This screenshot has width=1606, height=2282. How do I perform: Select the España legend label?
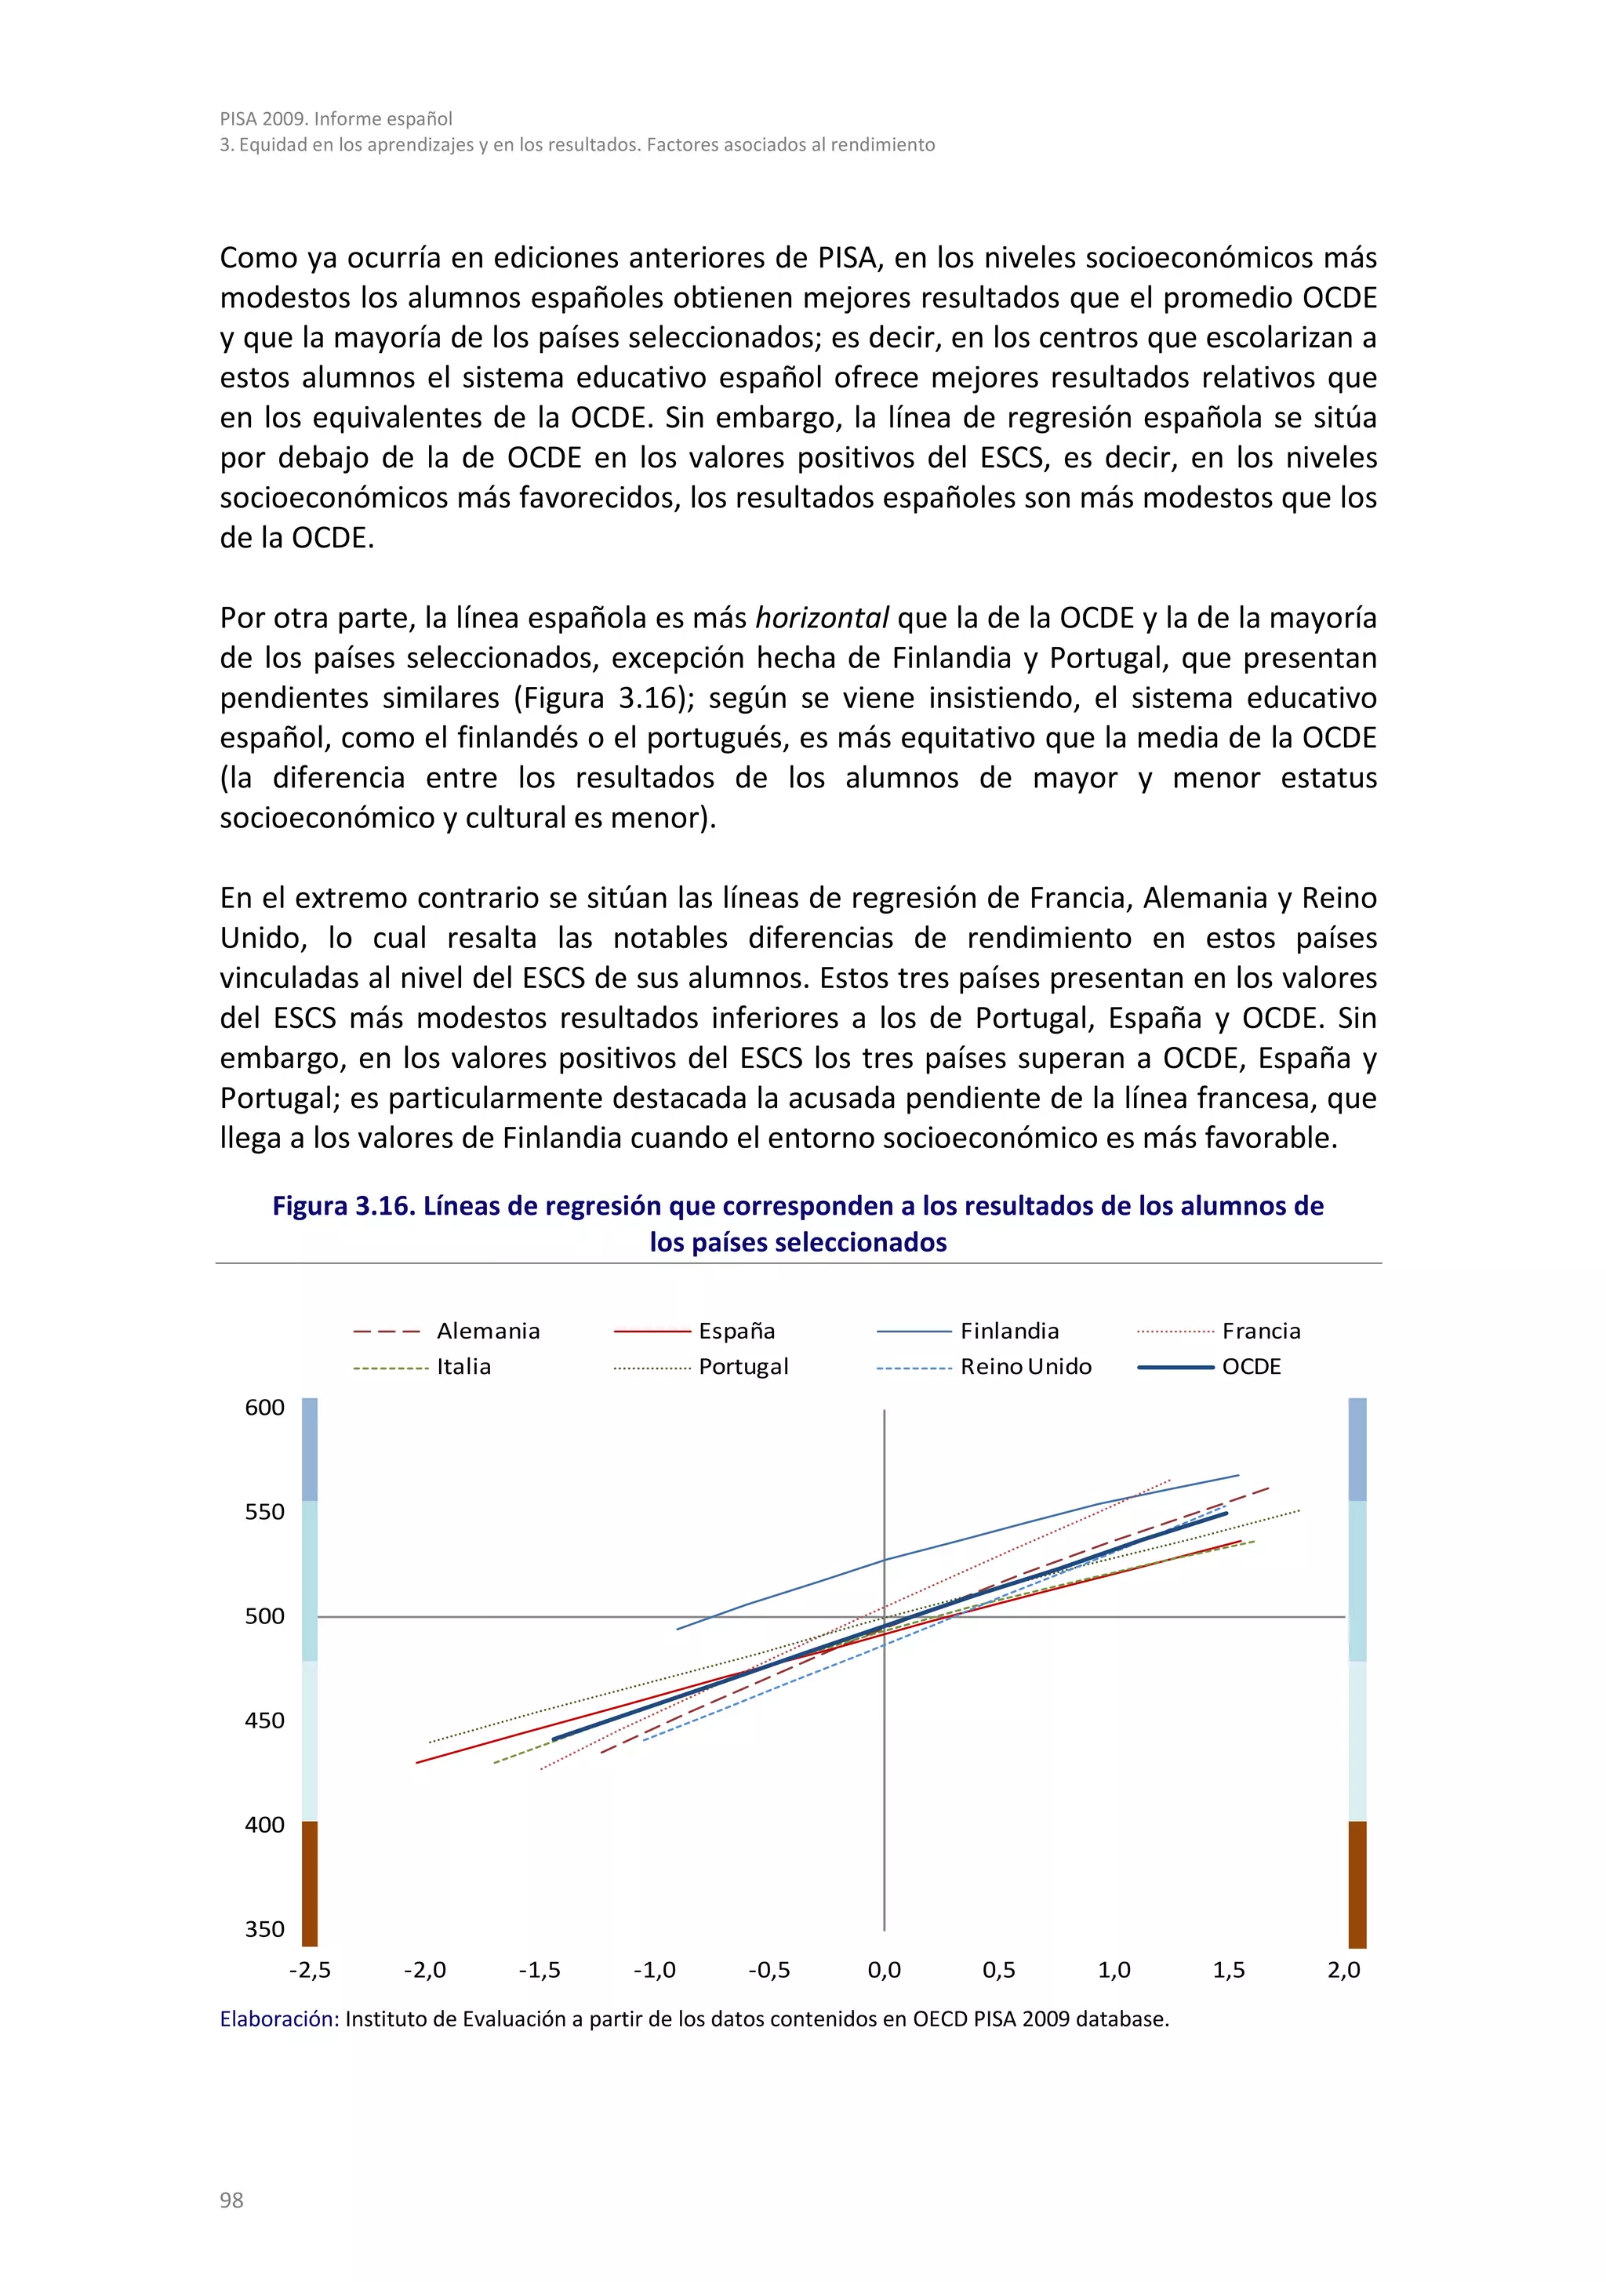click(736, 1331)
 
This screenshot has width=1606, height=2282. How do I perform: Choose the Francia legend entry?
click(1260, 1331)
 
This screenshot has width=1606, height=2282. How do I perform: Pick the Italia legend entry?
click(463, 1367)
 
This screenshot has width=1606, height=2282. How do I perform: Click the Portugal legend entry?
click(743, 1367)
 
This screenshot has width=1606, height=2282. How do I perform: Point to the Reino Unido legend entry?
click(1025, 1367)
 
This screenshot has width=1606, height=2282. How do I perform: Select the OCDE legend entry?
click(1250, 1367)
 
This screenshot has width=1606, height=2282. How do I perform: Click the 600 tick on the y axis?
click(264, 1408)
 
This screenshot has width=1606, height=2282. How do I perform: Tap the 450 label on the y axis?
click(264, 1721)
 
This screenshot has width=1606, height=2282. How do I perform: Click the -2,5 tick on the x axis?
click(309, 1970)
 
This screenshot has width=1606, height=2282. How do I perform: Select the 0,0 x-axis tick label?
click(884, 1970)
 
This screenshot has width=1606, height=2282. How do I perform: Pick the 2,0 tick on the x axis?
click(1343, 1970)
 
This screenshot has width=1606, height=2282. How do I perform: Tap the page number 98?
click(231, 2200)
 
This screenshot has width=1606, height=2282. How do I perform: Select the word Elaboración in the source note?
click(279, 2019)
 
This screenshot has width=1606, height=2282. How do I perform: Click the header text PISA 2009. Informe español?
click(336, 118)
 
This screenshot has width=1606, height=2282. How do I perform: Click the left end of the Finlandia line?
click(678, 1629)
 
